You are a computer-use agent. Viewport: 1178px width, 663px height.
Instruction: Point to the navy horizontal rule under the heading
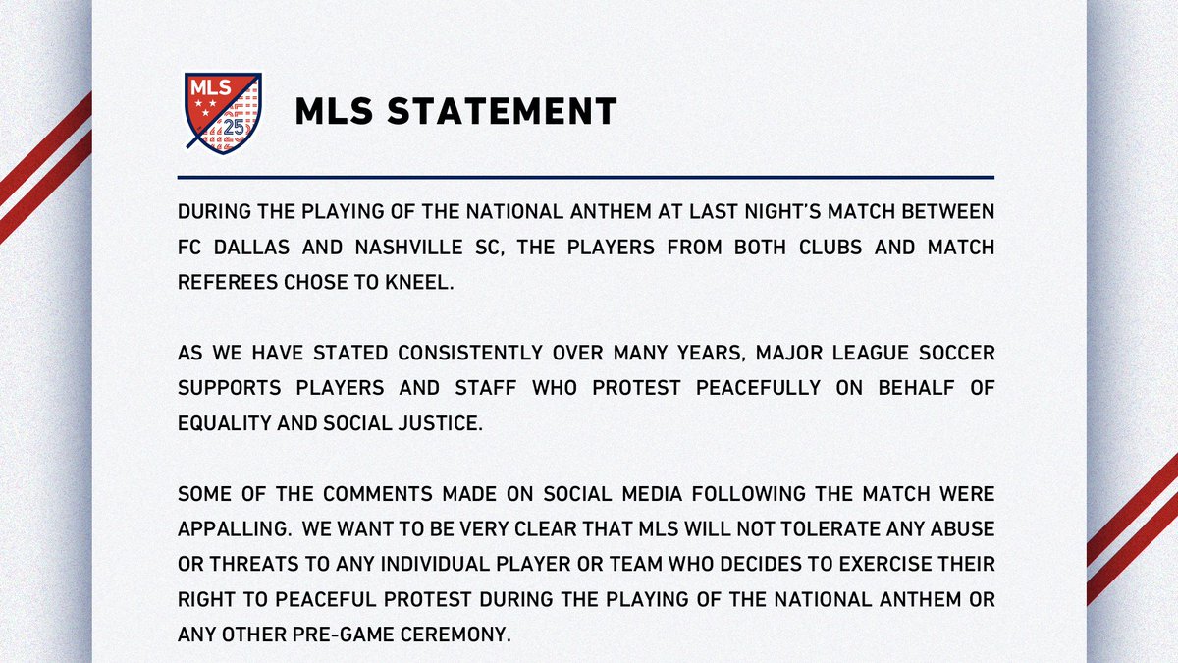586,177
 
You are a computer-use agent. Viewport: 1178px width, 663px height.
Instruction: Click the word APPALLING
233,528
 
